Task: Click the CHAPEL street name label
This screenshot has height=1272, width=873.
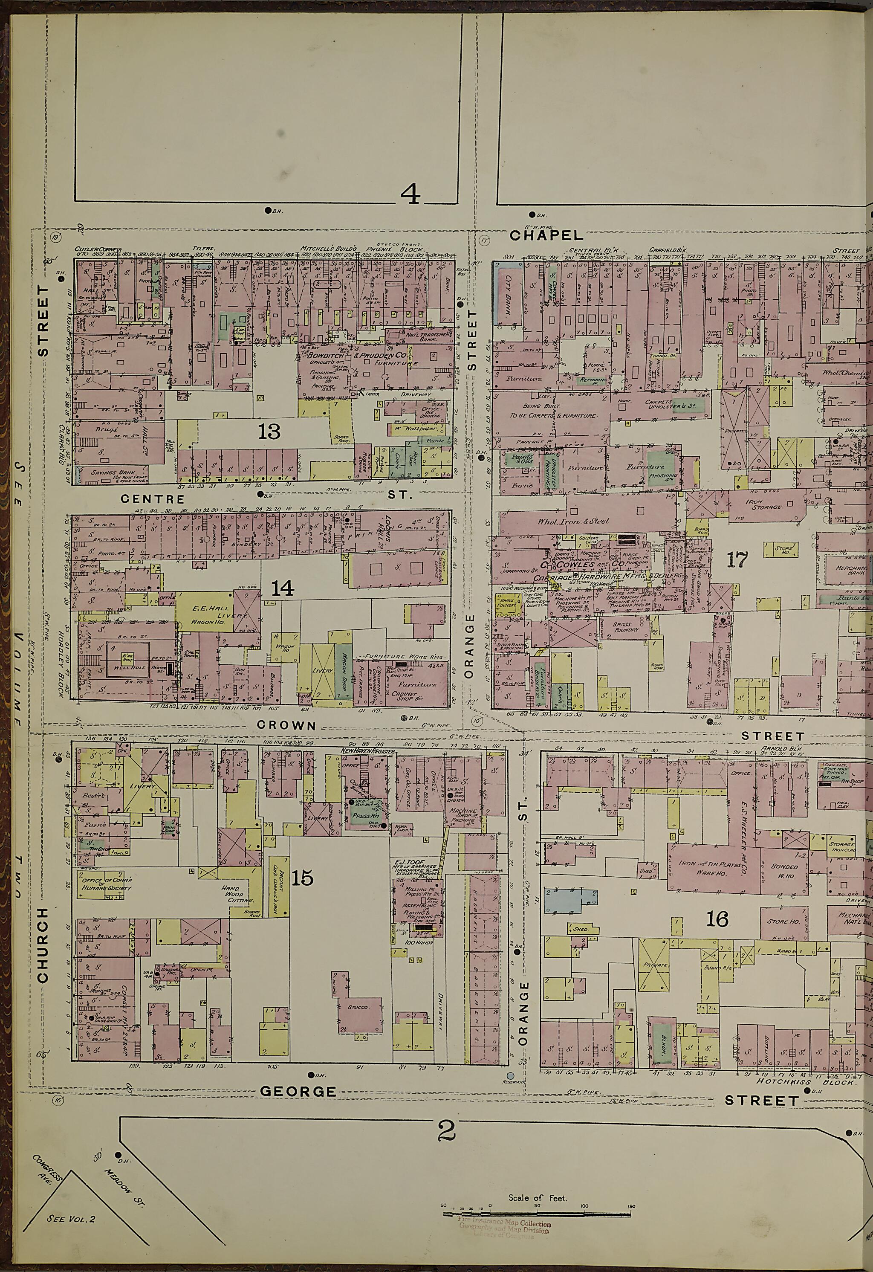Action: tap(546, 235)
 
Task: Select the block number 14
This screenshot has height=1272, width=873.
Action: tap(282, 588)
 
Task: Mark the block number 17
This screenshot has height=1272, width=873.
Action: tap(737, 560)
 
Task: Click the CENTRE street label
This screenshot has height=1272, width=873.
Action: tap(153, 498)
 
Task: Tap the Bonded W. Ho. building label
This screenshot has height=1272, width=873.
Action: tap(784, 870)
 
